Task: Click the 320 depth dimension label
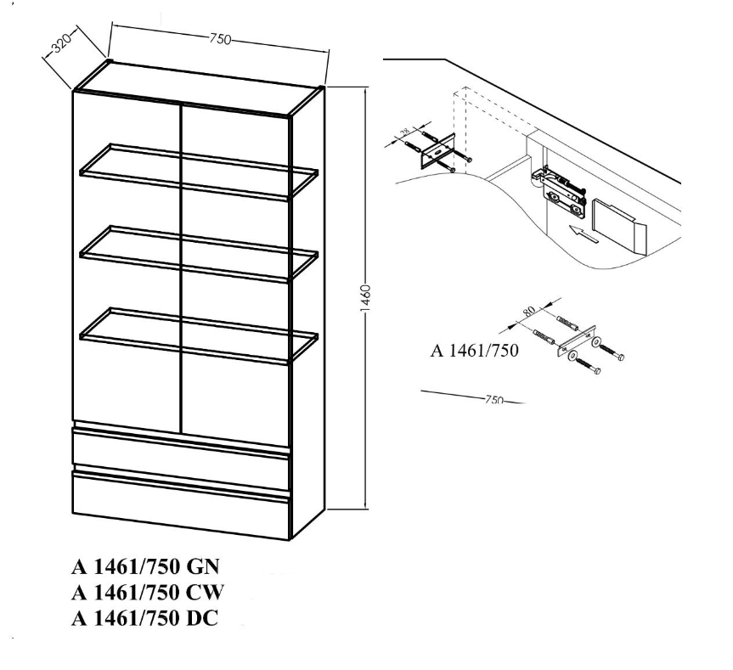[61, 43]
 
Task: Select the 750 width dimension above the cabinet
[220, 39]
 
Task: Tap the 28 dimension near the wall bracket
[405, 132]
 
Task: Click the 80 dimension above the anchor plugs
[528, 311]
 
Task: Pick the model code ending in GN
[145, 566]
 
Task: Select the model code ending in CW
[148, 593]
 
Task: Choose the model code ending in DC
[144, 618]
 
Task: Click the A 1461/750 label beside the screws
[474, 351]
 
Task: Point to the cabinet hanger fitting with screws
[561, 192]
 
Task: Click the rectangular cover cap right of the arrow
[619, 226]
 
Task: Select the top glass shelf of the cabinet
[199, 172]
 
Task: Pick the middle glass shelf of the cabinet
[199, 254]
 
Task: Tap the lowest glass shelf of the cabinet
[199, 335]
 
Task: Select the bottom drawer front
[182, 504]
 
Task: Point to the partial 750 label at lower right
[493, 399]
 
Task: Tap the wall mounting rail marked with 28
[438, 150]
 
